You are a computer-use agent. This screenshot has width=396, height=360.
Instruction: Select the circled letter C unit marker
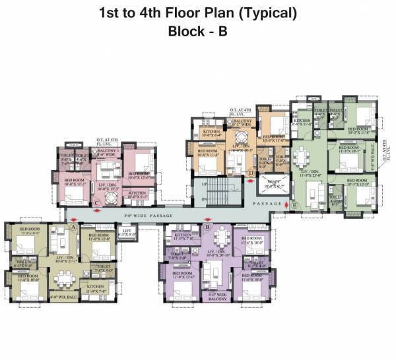pos(97,203)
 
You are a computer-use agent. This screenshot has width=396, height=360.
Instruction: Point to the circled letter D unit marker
pos(251,173)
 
